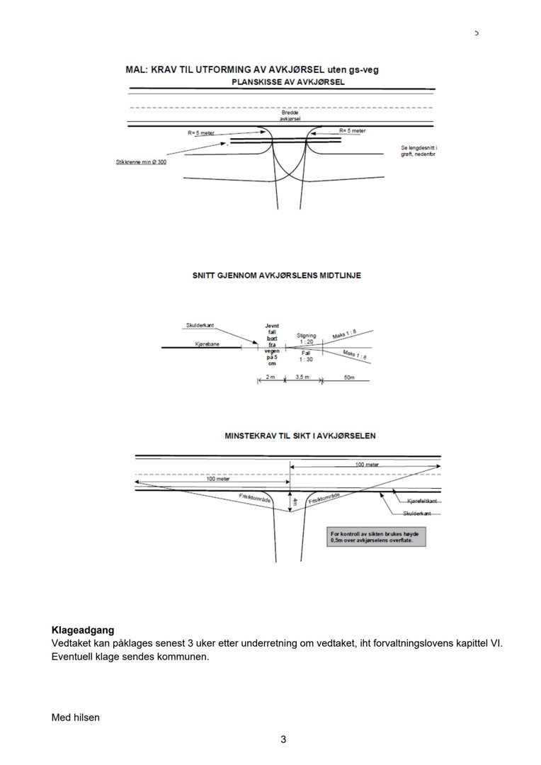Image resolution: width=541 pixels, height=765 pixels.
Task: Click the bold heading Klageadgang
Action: [x=83, y=629]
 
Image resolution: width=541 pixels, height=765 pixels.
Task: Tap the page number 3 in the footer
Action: [x=283, y=740]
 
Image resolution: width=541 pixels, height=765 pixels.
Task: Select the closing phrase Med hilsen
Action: [x=76, y=718]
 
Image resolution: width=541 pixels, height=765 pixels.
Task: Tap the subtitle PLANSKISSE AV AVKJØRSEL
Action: [x=288, y=82]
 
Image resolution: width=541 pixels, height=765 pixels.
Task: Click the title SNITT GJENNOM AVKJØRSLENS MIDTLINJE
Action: [x=276, y=275]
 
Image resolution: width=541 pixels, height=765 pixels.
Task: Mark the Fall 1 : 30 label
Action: [x=306, y=356]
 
